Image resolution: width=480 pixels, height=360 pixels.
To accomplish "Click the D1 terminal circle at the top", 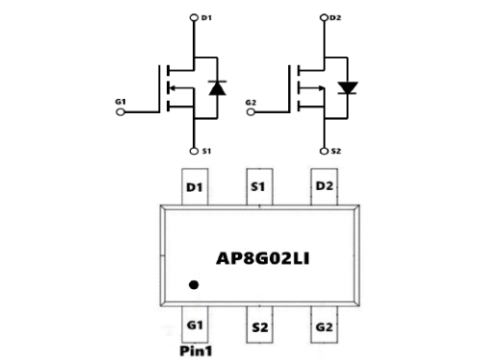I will (x=195, y=16).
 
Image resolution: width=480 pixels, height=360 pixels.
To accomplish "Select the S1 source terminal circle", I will (x=195, y=151).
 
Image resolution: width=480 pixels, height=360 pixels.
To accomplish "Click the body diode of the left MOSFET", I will (x=216, y=87).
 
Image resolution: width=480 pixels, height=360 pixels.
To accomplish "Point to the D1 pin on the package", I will (x=195, y=185).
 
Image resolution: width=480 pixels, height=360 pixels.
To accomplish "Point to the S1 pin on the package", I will (x=257, y=185).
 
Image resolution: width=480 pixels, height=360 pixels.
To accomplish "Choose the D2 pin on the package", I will (x=323, y=185).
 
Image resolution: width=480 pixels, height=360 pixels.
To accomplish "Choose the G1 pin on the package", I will (x=195, y=325).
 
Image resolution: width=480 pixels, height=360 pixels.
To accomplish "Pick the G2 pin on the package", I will (x=323, y=326).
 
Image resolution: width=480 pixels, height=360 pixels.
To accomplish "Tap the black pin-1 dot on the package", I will (x=194, y=284).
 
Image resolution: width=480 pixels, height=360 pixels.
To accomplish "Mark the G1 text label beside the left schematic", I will (x=120, y=100).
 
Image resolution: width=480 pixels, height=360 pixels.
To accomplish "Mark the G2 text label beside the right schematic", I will (x=252, y=100).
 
